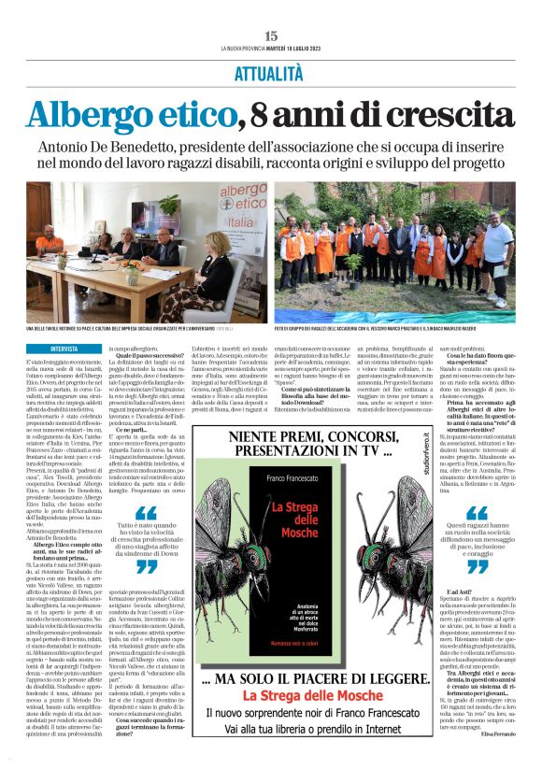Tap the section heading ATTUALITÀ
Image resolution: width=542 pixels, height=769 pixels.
tap(271, 72)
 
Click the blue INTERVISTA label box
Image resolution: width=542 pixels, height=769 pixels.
tap(64, 347)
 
